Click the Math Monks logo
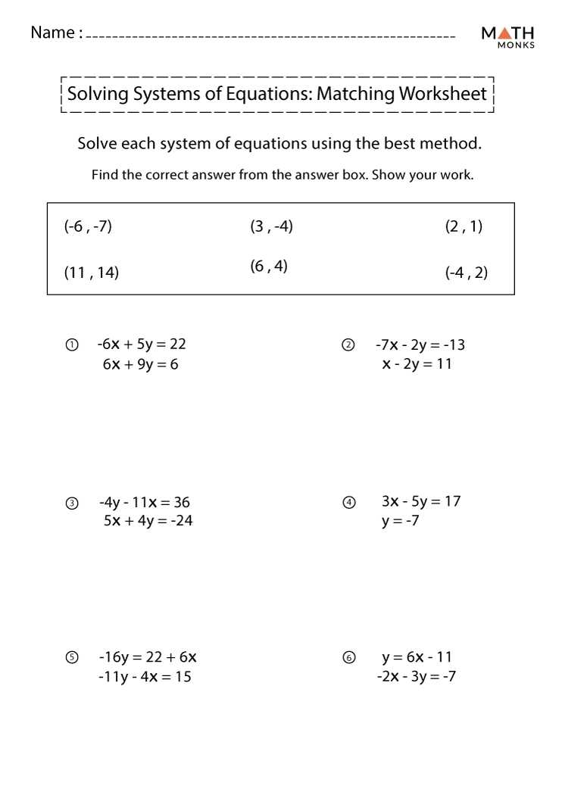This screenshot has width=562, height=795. (x=508, y=36)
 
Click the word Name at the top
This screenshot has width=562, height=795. (x=53, y=33)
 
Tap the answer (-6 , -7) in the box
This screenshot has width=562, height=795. (x=88, y=226)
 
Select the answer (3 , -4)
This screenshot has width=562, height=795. (x=271, y=226)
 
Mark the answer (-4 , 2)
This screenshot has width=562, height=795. (x=467, y=273)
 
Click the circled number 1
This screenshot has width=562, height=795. (x=72, y=345)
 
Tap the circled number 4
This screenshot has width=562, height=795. (x=349, y=503)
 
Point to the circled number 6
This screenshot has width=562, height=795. (x=349, y=658)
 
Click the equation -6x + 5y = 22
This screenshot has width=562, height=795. (x=142, y=344)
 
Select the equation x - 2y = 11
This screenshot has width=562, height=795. (x=417, y=364)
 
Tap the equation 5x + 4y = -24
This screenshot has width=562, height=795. (x=148, y=521)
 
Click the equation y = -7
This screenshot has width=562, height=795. (x=400, y=521)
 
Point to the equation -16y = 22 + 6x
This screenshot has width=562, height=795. (x=148, y=657)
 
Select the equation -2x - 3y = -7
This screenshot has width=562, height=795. (x=416, y=676)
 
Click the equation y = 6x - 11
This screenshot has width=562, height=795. (x=417, y=657)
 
